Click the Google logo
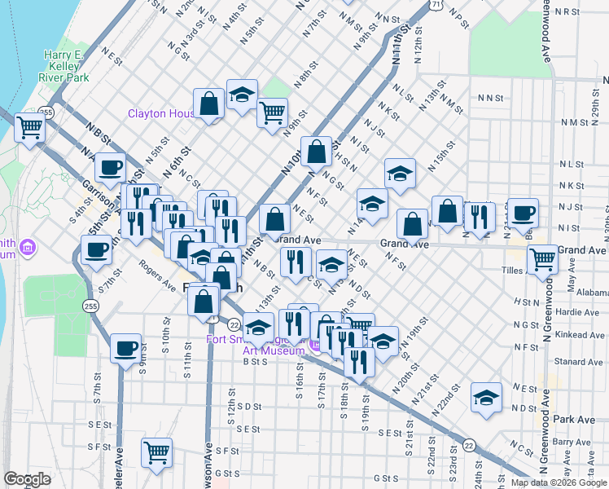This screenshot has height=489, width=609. [x=27, y=479]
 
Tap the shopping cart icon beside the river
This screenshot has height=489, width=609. [x=29, y=128]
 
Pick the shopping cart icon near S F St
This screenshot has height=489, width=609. [x=156, y=452]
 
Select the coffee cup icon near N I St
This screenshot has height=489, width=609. [x=523, y=212]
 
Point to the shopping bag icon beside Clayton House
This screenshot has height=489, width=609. [x=209, y=103]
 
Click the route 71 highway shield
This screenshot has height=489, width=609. [x=437, y=5]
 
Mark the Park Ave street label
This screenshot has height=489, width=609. [x=574, y=419]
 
